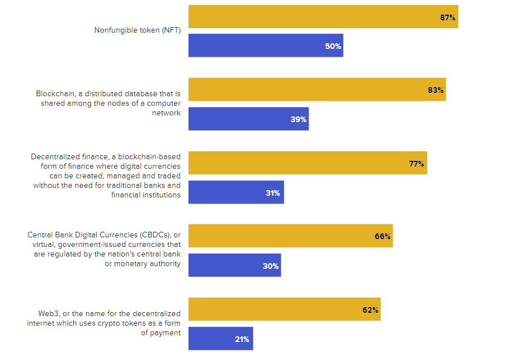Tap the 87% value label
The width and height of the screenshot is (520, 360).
(447, 17)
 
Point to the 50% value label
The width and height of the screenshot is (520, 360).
(333, 46)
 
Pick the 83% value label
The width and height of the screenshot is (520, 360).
(436, 90)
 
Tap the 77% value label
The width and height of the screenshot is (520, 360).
(417, 164)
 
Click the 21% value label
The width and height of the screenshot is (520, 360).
(242, 339)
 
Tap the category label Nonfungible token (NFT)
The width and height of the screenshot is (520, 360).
(137, 30)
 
